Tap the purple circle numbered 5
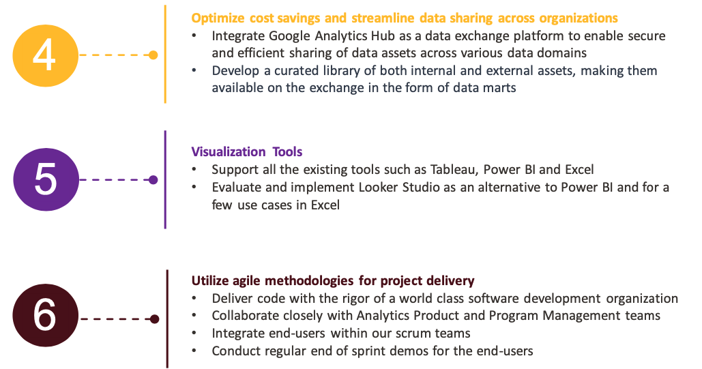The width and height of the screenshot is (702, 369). pos(46,180)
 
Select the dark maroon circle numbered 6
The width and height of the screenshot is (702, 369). pos(46,318)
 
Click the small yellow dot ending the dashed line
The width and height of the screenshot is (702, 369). pos(153,55)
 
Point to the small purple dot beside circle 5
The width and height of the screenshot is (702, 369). pos(153,180)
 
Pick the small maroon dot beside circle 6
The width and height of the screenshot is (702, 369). pos(155,319)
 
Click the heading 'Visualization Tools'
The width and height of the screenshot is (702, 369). pos(246,151)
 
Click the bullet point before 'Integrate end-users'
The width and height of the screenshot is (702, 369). pos(196,334)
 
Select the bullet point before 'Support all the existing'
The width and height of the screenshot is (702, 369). pos(196,169)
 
